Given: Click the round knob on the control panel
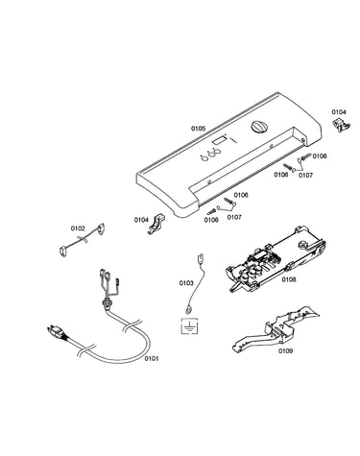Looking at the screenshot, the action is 258,127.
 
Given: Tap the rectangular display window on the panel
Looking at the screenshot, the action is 218,141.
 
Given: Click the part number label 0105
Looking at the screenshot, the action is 198,129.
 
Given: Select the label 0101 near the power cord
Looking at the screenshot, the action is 152,358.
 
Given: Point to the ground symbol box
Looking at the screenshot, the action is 189,326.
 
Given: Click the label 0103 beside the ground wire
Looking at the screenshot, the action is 186,283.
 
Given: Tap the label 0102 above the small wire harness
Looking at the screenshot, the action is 78,228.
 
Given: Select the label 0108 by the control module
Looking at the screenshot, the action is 289,279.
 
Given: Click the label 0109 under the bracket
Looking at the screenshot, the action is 285,350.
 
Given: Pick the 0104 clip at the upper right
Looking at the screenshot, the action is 341,125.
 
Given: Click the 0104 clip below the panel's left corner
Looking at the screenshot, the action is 156,224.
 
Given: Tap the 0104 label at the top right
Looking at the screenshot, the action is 339,111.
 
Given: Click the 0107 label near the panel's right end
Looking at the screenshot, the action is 305,175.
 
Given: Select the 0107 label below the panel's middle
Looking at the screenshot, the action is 234,217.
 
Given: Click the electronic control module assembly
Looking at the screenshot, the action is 276,258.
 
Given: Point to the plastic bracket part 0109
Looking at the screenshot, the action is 275,328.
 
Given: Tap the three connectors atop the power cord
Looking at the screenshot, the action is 108,277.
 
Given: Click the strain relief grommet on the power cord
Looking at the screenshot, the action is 106,302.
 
